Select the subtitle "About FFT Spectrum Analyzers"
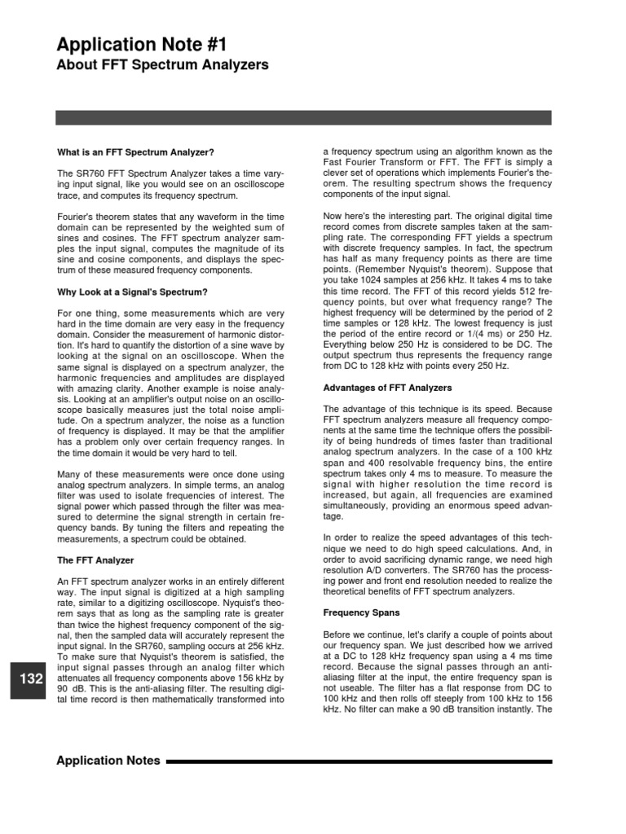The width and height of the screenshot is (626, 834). tap(162, 65)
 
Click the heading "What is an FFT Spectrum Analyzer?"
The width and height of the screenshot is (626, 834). tap(135, 151)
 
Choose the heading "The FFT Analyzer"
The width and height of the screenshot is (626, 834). tap(95, 560)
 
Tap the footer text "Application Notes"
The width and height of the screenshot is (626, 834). tap(107, 762)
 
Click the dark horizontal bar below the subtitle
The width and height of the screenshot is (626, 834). tap(303, 117)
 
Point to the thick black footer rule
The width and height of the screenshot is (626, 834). tap(359, 762)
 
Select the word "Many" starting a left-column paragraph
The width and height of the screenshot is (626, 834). tap(68, 474)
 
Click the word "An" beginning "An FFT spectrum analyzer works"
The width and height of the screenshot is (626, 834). tap(63, 582)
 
